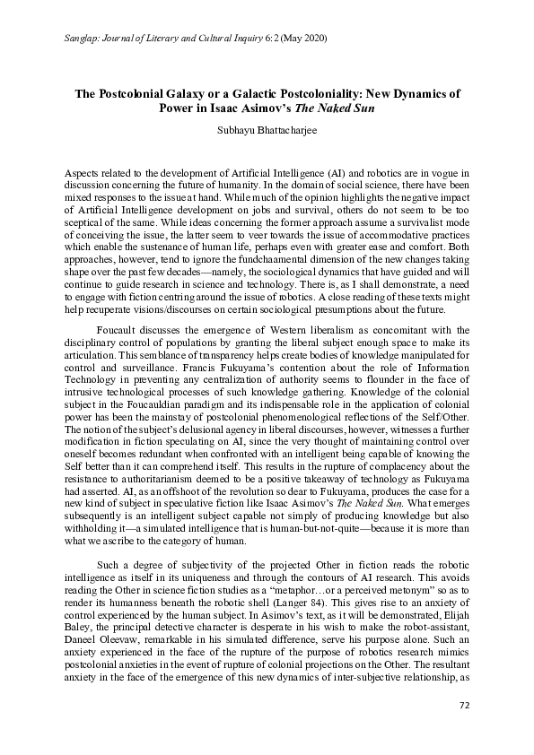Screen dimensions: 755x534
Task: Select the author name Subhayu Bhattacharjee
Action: tap(267, 128)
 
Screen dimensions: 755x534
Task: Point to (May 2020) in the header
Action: tap(302, 40)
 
